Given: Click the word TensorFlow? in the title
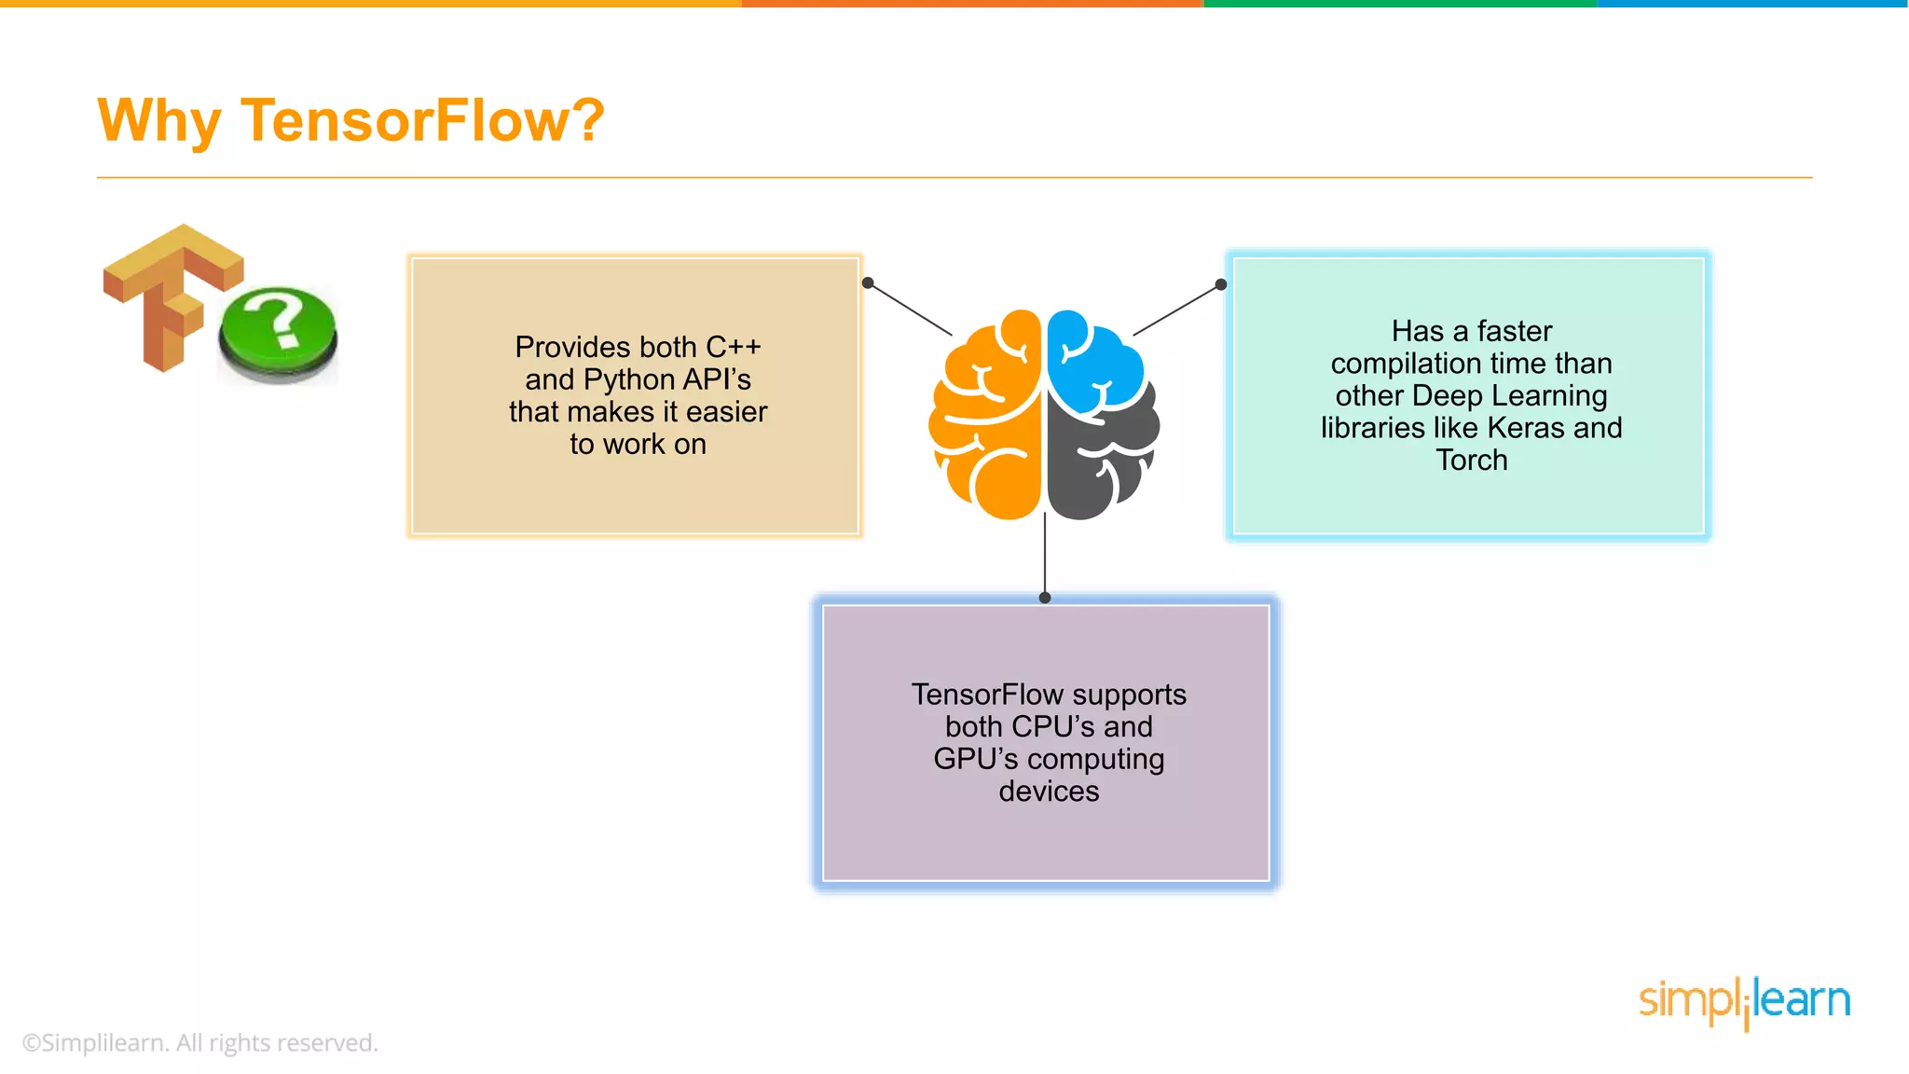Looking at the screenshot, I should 422,121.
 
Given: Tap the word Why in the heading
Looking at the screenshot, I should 158,121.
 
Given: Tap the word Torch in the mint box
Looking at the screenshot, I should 1471,461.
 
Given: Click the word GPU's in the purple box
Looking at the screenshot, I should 975,759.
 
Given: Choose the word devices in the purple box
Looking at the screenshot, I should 1049,792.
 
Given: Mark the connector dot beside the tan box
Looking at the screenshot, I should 868,282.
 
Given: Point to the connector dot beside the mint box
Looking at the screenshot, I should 1221,284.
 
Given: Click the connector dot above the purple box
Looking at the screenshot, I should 1045,598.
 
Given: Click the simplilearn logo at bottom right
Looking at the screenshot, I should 1744,1001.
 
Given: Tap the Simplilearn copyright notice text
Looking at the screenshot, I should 200,1042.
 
